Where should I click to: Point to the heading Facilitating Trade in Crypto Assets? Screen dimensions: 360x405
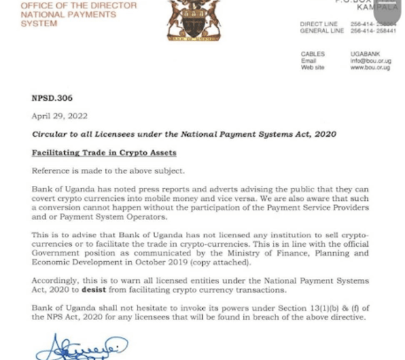coord(105,153)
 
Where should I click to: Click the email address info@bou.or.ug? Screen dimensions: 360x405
coord(370,61)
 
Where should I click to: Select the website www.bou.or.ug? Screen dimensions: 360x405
coord(370,67)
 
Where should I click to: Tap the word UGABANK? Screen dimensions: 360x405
coord(364,54)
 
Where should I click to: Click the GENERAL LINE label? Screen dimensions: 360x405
coord(321,31)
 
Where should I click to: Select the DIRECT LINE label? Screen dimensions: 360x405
coord(319,24)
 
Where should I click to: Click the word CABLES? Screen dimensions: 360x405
coord(312,54)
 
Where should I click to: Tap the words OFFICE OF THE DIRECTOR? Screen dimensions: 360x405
coord(79,6)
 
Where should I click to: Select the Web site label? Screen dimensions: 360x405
coord(312,67)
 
